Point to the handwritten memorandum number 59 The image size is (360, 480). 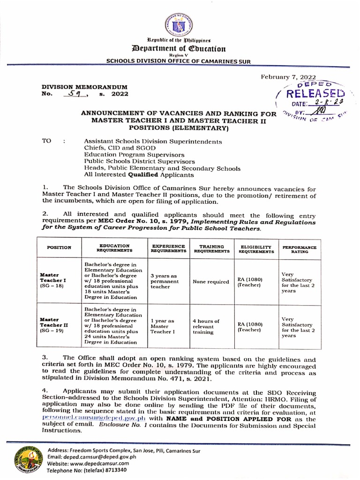pyautogui.click(x=75, y=94)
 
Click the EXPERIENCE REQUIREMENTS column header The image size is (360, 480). pyautogui.click(x=168, y=248)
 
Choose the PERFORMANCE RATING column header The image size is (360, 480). pyautogui.click(x=299, y=248)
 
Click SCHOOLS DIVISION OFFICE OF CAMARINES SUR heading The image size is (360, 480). pyautogui.click(x=180, y=60)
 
